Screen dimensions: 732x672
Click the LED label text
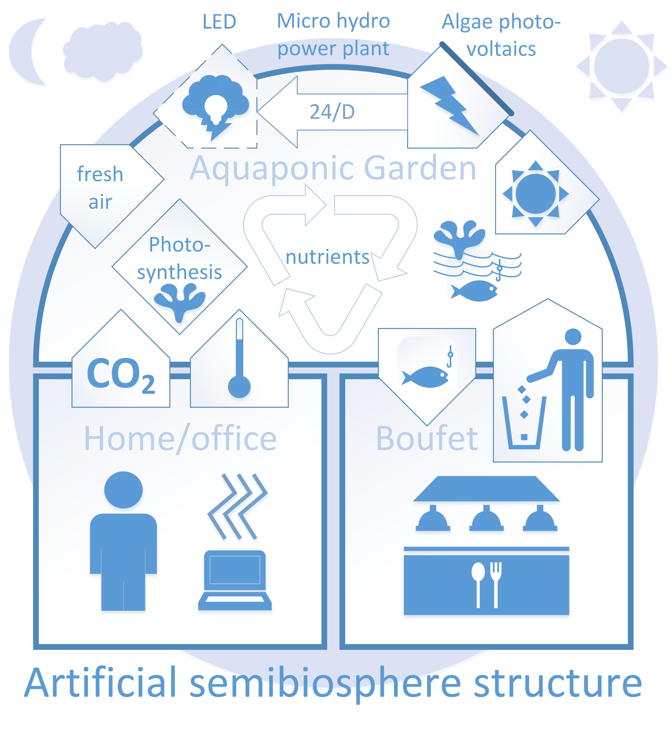[219, 22]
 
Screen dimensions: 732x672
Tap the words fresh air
[100, 187]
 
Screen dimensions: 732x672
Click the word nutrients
[327, 257]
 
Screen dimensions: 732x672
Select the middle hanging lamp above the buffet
[487, 519]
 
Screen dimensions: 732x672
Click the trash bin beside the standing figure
[524, 422]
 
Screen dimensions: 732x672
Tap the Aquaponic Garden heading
[333, 168]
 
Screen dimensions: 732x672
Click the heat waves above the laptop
[238, 506]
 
